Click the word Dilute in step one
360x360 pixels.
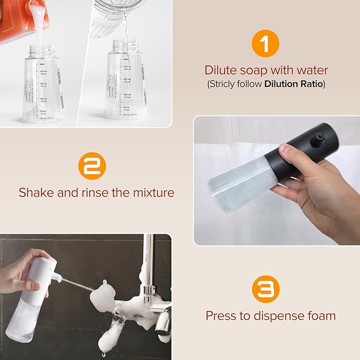point(222,70)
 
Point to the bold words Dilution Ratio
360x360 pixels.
point(294,84)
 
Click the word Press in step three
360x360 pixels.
point(222,316)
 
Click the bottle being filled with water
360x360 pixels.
point(125,85)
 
